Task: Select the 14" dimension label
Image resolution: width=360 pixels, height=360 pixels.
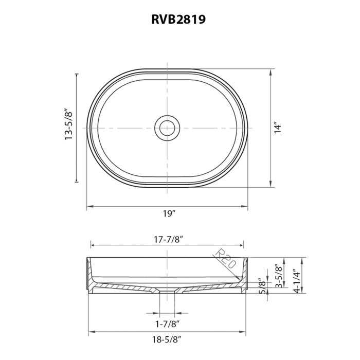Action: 278,128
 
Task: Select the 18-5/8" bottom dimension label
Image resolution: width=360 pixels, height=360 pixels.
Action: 168,340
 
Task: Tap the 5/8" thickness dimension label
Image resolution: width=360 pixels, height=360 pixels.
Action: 262,286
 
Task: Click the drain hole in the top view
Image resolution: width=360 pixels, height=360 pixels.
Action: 167,127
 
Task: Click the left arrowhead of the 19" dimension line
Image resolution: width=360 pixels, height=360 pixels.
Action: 88,207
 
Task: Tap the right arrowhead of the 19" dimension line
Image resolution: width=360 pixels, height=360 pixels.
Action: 247,207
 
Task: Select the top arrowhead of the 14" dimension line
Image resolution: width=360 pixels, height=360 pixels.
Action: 271,71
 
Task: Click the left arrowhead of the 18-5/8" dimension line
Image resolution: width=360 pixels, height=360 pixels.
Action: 92,331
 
